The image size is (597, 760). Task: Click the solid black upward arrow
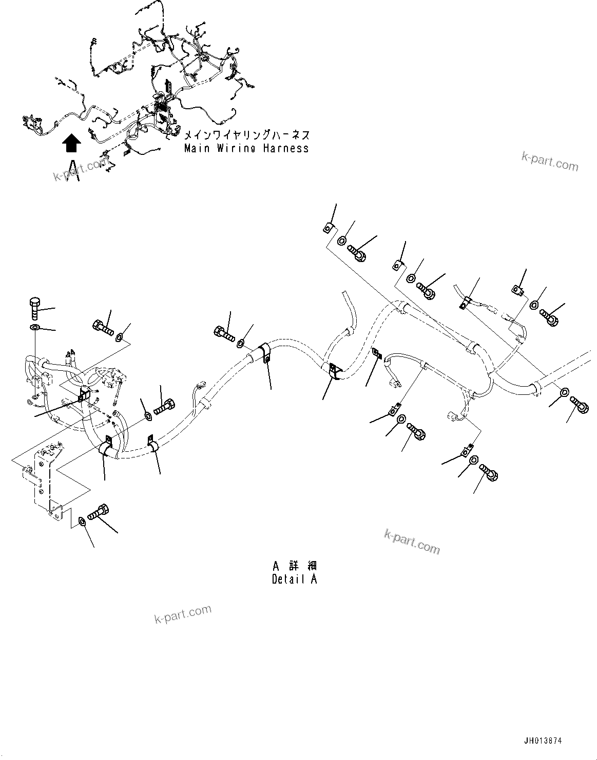coord(72,144)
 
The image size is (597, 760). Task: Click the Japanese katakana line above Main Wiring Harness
coord(246,135)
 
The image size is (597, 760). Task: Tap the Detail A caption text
coord(294,579)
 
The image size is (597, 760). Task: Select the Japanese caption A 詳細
coord(294,566)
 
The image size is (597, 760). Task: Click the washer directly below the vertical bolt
coord(34,328)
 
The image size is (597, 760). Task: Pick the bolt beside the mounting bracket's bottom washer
coord(98,513)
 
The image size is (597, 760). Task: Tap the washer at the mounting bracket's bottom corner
coord(82,522)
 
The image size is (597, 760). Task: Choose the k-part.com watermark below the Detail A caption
coord(183,613)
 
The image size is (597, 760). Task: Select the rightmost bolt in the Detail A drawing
coord(579,406)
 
